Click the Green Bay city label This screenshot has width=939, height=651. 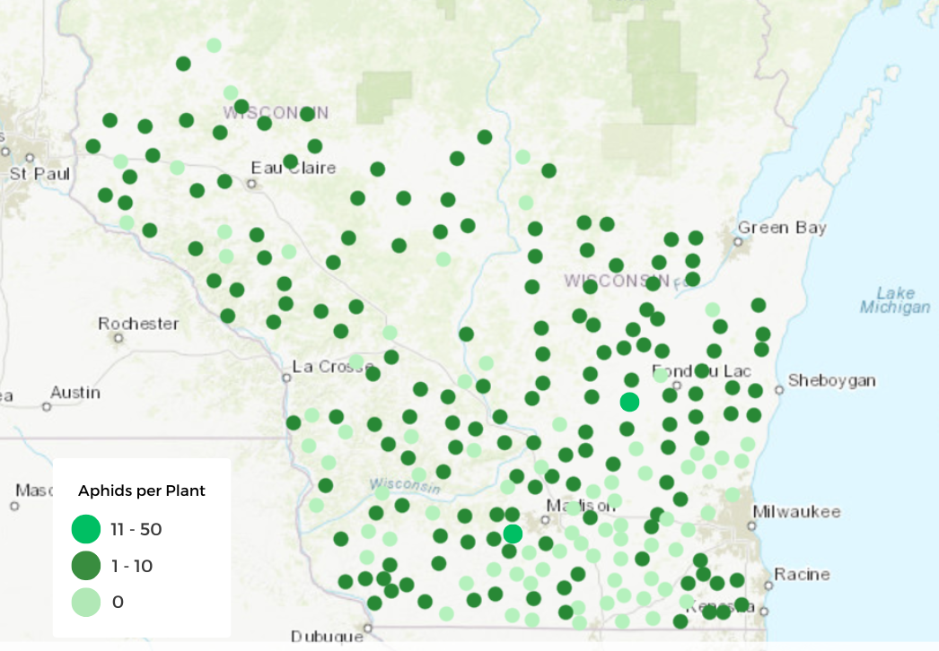click(781, 228)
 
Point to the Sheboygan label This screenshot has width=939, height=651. click(831, 381)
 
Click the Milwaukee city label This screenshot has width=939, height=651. click(796, 512)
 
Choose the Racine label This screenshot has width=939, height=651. click(802, 574)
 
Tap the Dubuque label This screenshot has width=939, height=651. click(327, 637)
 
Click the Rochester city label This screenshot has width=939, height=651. click(138, 324)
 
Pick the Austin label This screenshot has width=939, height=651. click(75, 393)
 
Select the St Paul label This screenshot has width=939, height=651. click(39, 174)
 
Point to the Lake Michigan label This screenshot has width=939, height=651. click(895, 300)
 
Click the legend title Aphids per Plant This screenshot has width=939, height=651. click(142, 490)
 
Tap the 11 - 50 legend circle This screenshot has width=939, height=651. click(86, 529)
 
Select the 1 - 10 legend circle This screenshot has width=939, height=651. click(86, 566)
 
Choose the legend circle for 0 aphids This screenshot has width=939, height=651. click(86, 602)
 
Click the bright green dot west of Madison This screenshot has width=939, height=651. click(513, 534)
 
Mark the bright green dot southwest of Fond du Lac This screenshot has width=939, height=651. click(629, 402)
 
